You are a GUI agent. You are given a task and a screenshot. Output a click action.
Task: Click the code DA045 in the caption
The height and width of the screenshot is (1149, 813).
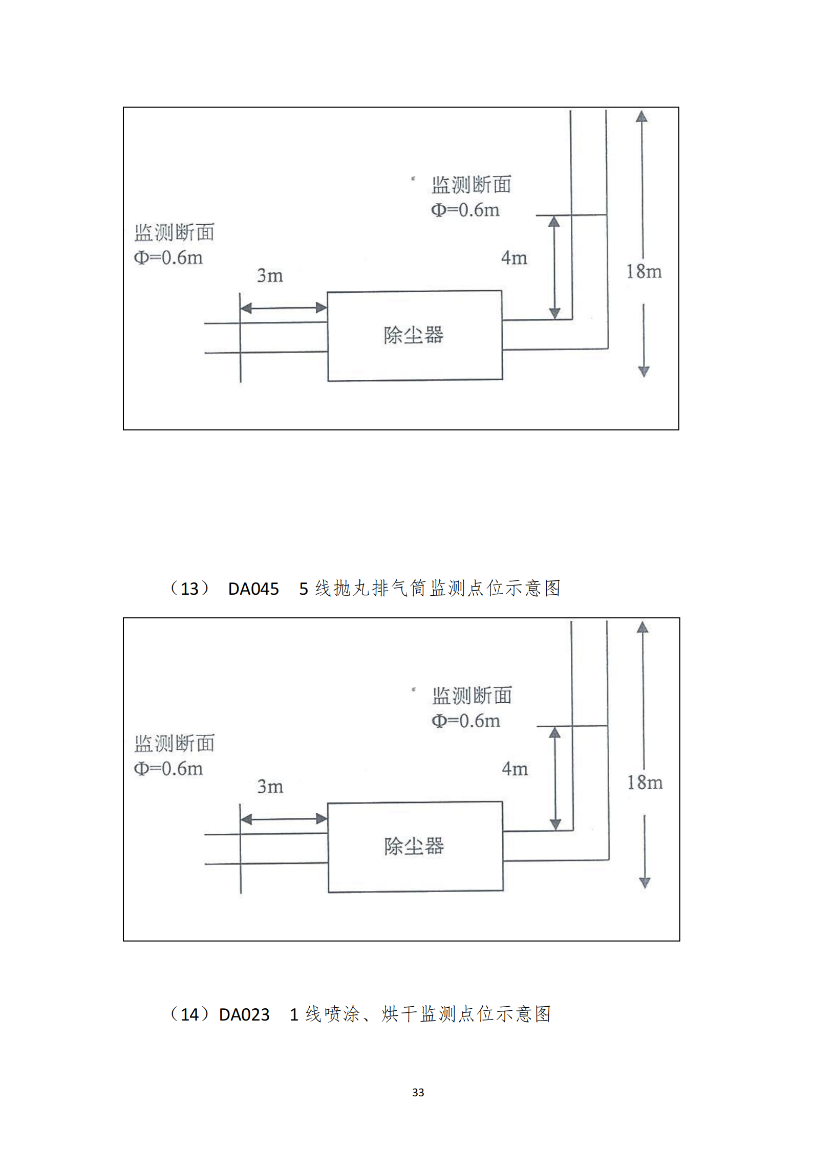(253, 589)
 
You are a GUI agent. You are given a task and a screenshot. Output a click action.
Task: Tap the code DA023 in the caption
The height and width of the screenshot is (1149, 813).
(244, 1014)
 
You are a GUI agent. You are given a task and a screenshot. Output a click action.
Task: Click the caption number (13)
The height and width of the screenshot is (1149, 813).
(189, 589)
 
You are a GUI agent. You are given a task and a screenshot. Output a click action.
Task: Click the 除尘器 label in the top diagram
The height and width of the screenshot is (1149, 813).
(414, 335)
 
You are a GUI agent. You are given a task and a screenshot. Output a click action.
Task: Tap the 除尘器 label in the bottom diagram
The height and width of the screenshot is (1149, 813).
(414, 846)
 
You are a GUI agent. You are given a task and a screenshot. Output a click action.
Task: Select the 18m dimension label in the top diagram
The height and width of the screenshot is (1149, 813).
(644, 271)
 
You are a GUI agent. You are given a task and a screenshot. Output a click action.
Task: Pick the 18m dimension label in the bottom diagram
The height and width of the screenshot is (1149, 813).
(645, 782)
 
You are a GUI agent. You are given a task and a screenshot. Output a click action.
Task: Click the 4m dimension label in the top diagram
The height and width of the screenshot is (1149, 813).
(514, 257)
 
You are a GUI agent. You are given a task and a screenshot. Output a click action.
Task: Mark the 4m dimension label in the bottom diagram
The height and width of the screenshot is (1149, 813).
(515, 768)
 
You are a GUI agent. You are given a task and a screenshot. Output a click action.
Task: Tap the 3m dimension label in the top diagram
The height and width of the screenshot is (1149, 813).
(270, 275)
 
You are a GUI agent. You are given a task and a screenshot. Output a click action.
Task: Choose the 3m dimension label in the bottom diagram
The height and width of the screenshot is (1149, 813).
(270, 786)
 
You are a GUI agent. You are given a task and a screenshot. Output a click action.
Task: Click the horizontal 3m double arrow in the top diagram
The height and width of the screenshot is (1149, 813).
(283, 308)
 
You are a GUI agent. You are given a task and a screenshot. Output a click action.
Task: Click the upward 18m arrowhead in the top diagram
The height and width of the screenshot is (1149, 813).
(641, 117)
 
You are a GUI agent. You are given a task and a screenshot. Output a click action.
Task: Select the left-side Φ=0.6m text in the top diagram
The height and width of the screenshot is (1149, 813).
(168, 257)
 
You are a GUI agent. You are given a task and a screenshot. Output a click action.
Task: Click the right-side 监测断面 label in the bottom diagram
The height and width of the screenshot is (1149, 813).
(472, 696)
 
